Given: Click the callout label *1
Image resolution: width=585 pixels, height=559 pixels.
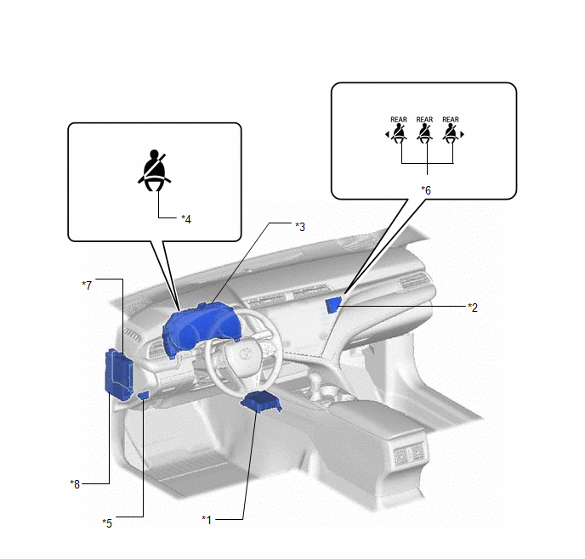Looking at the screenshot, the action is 207,520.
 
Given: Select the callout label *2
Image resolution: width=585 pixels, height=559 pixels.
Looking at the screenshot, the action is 473,308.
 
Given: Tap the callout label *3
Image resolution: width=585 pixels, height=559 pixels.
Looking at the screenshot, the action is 300,227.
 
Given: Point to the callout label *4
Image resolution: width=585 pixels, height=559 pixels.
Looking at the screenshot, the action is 186,219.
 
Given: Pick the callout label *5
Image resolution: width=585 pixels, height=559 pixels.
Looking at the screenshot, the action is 107,523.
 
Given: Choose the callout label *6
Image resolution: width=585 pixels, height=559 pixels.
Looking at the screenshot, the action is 426,190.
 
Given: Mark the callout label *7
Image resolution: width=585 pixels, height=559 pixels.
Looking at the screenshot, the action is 87,285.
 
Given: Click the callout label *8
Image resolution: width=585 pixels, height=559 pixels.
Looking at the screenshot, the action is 75,484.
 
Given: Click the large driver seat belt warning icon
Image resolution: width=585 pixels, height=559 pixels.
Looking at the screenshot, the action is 155,170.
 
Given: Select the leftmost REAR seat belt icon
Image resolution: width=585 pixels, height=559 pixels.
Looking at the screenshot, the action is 398,133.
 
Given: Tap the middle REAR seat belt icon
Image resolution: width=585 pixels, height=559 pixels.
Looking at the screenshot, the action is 424,133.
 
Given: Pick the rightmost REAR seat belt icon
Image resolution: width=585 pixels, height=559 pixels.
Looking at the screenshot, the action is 451,133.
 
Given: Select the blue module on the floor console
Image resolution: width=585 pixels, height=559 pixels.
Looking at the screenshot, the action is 262,402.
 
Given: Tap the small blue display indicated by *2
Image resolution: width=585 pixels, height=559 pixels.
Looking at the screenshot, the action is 332,305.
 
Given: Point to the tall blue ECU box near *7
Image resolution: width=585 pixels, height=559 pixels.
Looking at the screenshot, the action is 119,375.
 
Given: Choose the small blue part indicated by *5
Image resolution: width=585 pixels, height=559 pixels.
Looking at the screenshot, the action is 144,395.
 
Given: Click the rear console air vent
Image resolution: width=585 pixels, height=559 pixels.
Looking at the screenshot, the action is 409,454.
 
